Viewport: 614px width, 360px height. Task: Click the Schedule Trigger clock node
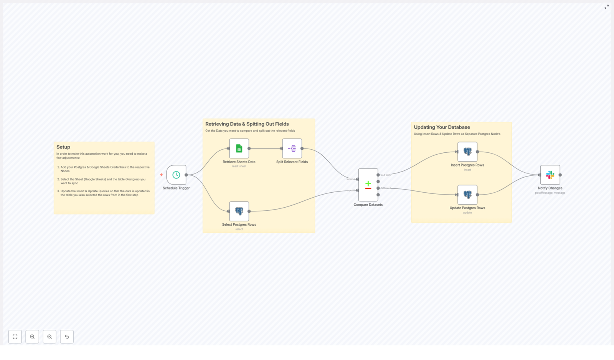176,175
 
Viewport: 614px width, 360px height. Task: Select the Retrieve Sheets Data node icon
239,149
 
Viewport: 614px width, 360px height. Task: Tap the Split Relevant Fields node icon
292,149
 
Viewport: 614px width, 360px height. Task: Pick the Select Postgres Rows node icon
239,211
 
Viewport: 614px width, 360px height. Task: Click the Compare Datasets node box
368,185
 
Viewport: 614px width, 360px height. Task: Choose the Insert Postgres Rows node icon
467,152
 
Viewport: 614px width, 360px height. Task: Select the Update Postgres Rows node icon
467,195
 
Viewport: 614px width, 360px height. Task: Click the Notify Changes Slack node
550,175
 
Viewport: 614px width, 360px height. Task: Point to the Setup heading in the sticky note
63,147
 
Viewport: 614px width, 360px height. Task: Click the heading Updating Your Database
442,127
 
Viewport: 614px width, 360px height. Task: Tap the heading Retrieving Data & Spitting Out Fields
247,124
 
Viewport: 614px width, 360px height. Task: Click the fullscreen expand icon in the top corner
607,7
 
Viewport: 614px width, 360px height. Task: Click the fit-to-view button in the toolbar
15,337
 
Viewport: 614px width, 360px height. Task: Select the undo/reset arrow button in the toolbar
67,337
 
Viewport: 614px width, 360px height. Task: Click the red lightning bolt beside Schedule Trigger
161,175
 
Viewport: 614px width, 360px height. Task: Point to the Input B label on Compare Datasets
351,190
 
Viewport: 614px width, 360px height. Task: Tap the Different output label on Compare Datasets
386,188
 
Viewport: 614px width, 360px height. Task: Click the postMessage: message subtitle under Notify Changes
550,193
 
